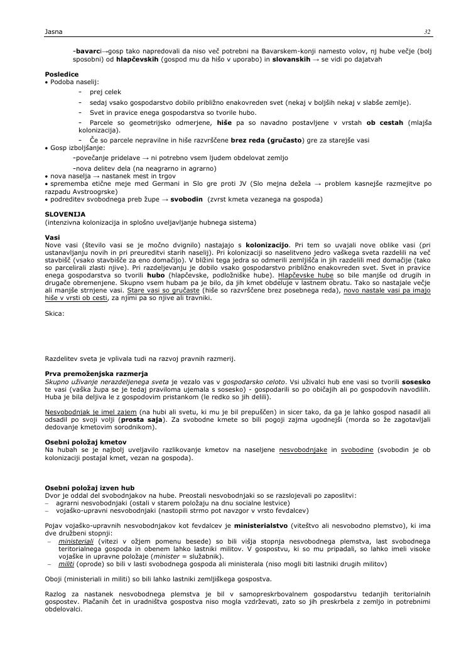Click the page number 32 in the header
coord(427,31)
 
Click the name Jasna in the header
coord(53,31)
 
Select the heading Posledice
coord(62,74)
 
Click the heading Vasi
coord(52,237)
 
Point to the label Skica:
coord(55,313)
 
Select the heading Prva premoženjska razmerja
coord(96,374)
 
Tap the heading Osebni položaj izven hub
coord(89,488)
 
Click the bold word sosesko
coord(416,382)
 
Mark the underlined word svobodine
coord(360,450)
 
